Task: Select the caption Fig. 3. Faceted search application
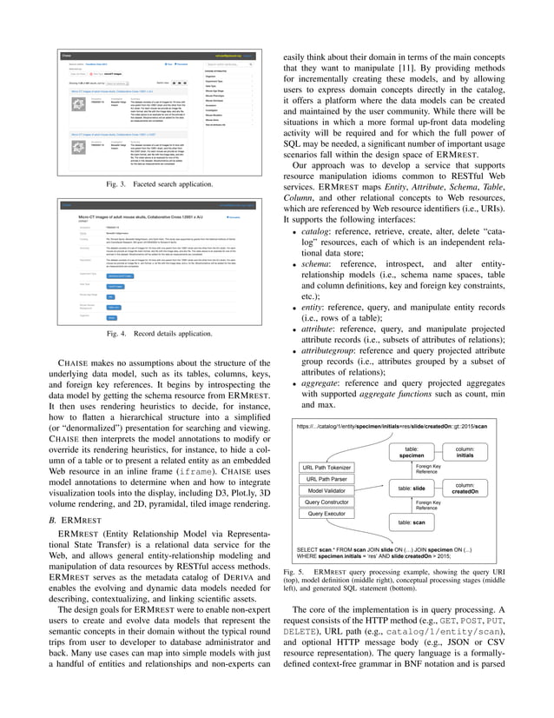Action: click(x=148, y=185)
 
